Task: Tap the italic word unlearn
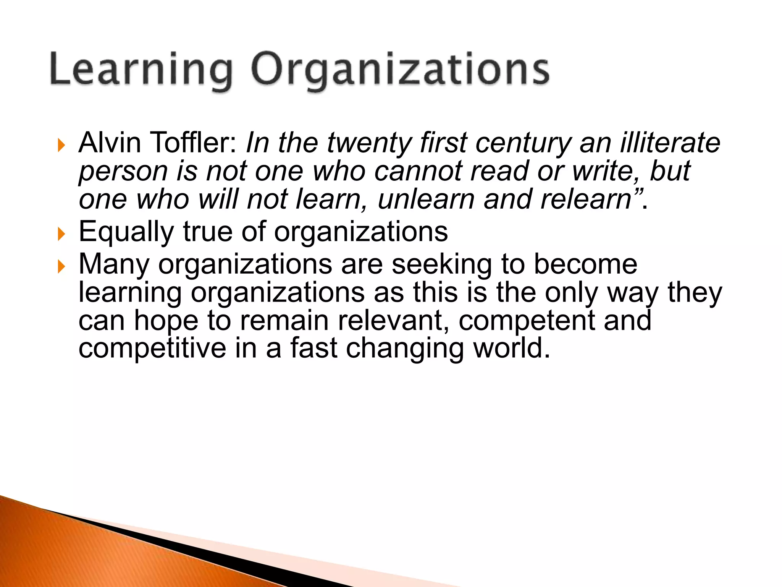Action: click(x=426, y=199)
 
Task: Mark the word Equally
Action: click(x=126, y=232)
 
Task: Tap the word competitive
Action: click(x=152, y=349)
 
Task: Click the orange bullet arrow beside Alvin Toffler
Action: click(x=61, y=145)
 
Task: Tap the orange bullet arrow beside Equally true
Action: click(x=61, y=234)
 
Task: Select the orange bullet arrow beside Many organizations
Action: click(x=61, y=266)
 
